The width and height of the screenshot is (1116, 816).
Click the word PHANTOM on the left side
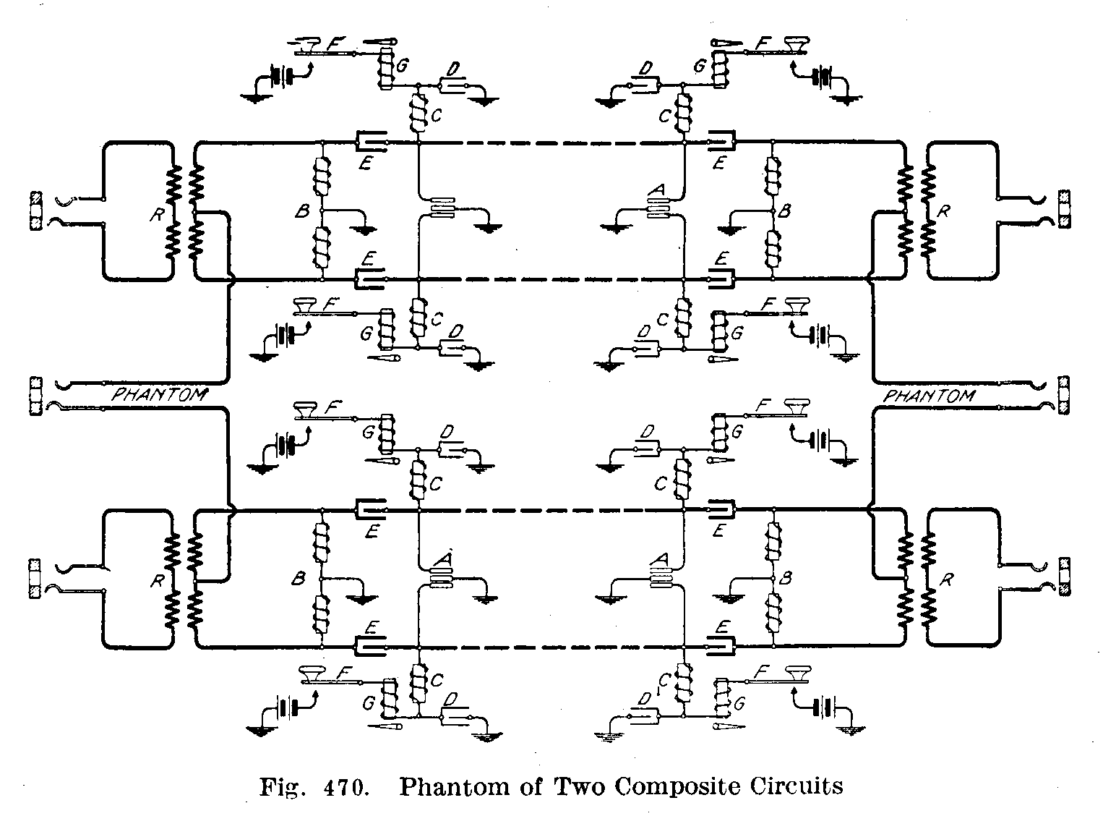click(x=160, y=395)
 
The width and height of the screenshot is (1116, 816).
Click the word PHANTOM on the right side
click(x=929, y=396)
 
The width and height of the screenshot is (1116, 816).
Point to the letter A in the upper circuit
click(x=657, y=190)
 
